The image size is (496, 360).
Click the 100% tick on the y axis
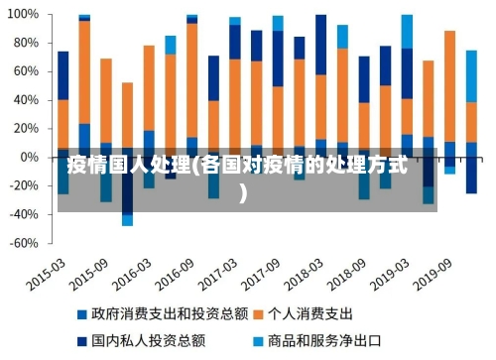pos(23,16)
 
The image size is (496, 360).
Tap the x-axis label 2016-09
pos(175,271)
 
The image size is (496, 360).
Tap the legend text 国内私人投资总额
pos(148,340)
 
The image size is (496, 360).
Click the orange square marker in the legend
pos(259,313)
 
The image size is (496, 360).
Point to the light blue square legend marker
pos(259,340)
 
